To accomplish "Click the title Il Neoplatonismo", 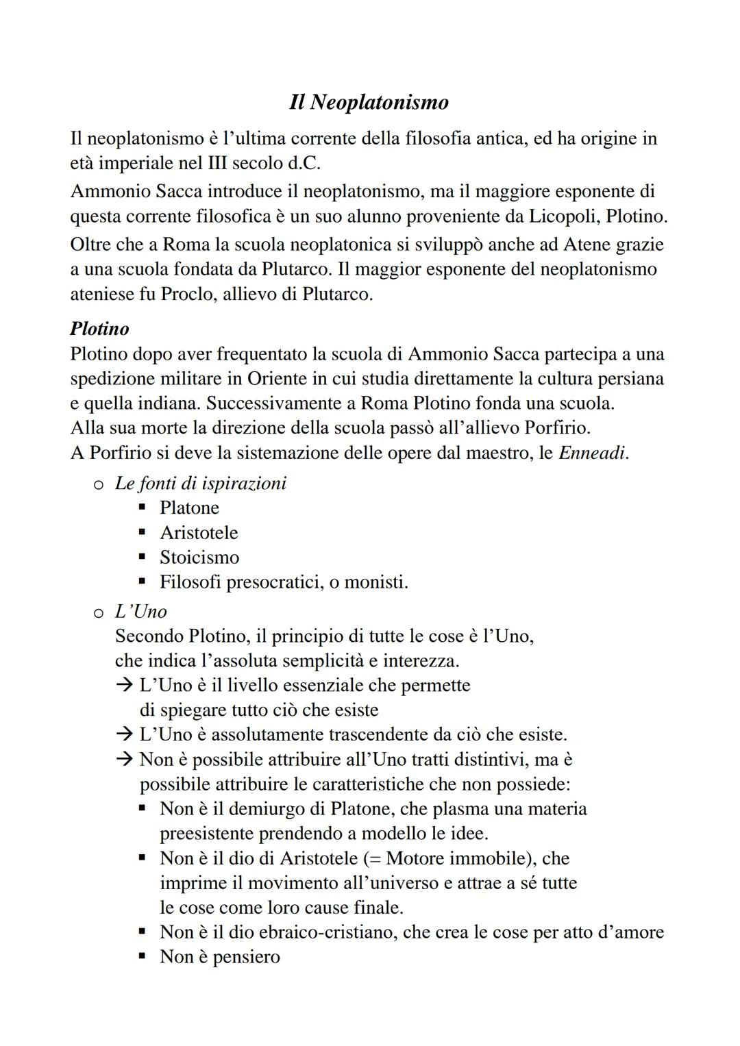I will [x=369, y=102].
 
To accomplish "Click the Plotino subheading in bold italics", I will [x=99, y=329].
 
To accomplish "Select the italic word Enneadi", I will [x=593, y=453].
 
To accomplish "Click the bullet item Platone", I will [x=189, y=508].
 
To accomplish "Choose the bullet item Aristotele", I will [x=199, y=532].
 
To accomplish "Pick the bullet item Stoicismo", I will [x=199, y=557].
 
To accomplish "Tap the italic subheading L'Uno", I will [x=140, y=611].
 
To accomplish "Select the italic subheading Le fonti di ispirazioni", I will [x=200, y=483].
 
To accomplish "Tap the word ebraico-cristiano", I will [x=311, y=932].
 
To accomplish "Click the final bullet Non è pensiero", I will [x=219, y=957].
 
